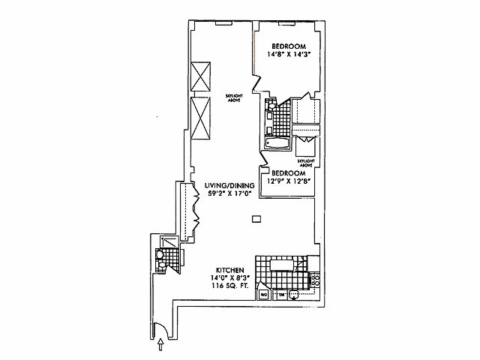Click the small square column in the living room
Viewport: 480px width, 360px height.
(256, 219)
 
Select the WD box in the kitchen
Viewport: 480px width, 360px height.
(264, 295)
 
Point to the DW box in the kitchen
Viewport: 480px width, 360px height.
(282, 295)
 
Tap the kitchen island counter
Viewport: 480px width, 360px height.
(284, 264)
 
